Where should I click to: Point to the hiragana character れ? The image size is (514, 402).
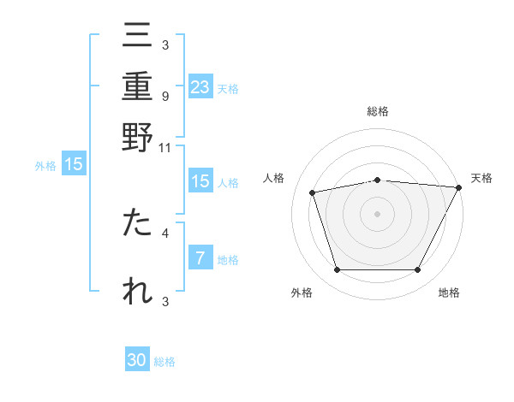click(137, 291)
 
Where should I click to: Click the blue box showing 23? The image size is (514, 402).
click(200, 86)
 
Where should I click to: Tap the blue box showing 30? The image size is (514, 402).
click(137, 360)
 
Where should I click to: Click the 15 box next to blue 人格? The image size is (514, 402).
click(200, 181)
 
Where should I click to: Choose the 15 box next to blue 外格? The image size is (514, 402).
click(74, 165)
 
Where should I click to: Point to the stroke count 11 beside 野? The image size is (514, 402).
click(164, 147)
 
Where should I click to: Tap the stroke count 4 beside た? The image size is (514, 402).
click(164, 232)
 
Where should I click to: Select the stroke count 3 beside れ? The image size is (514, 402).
click(164, 300)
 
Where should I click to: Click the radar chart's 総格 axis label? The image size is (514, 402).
click(377, 111)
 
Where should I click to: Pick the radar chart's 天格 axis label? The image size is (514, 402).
click(481, 178)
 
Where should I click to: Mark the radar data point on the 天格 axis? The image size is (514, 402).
click(459, 187)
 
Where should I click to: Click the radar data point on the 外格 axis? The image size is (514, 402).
click(337, 269)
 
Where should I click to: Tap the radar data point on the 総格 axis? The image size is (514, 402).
click(377, 180)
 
